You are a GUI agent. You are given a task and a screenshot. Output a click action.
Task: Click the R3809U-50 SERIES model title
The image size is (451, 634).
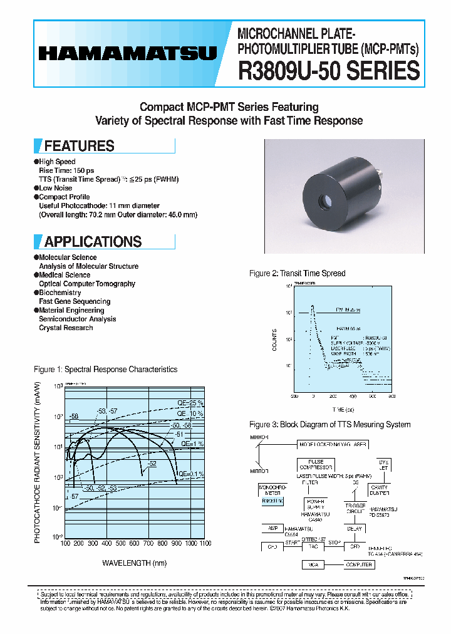tap(328, 71)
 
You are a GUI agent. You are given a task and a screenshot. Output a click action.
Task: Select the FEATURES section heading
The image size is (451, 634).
tap(79, 146)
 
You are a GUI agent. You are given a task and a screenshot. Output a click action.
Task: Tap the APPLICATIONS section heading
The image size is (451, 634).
tap(93, 242)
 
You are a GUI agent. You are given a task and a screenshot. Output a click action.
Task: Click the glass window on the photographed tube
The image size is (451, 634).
tap(325, 202)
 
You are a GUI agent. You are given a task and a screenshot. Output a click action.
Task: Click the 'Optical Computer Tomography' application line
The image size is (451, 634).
tap(87, 284)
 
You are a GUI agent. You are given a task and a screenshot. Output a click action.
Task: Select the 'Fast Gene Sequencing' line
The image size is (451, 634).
tap(75, 301)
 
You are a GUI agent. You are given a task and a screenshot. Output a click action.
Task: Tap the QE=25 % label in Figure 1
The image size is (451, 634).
tap(190, 403)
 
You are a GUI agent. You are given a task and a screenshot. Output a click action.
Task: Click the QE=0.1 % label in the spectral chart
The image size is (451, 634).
tap(192, 474)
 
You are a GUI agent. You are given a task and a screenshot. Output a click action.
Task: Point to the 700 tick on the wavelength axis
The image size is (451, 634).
tap(148, 543)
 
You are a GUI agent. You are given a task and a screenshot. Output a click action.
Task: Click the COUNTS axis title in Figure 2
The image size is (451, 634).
tap(274, 338)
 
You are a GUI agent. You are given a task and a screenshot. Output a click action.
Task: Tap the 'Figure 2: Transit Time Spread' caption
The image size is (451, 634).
tap(297, 274)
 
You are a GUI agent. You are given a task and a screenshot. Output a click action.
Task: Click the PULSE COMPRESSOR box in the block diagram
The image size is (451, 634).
tap(315, 464)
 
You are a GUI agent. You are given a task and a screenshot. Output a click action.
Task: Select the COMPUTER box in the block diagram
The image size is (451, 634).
tap(359, 564)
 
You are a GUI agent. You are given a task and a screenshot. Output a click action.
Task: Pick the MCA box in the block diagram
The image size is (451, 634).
tap(312, 564)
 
